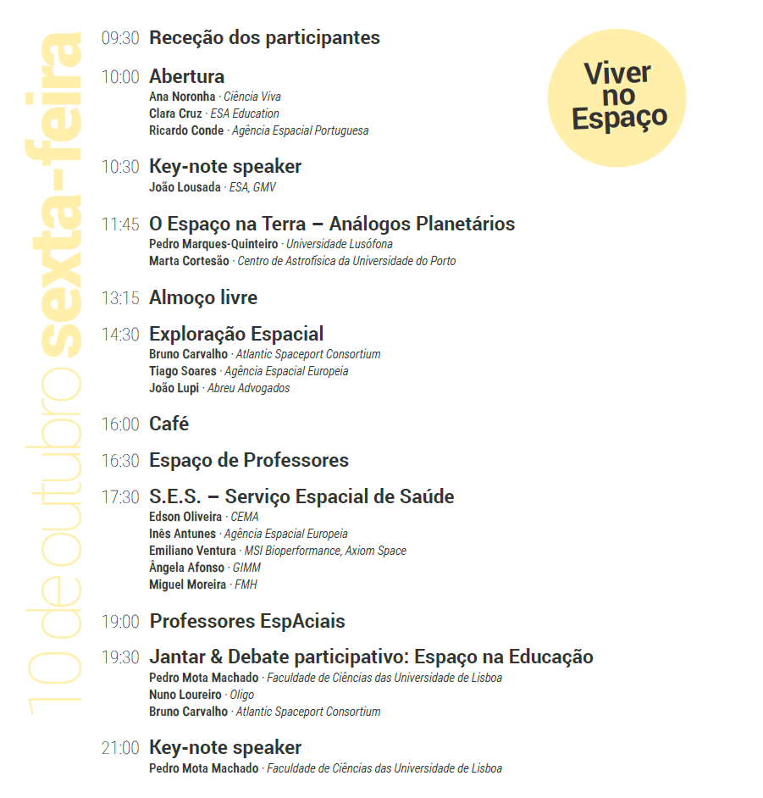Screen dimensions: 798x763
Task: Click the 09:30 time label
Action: pyautogui.click(x=119, y=38)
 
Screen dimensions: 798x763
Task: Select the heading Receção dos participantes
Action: pyautogui.click(x=264, y=38)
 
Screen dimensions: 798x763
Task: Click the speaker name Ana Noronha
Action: pyautogui.click(x=182, y=97)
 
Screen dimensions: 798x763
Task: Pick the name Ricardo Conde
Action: pyautogui.click(x=186, y=130)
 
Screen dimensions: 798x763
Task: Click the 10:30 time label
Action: pyautogui.click(x=119, y=167)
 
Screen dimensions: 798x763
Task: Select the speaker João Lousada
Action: pyautogui.click(x=185, y=187)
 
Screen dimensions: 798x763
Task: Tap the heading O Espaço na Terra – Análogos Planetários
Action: pyautogui.click(x=332, y=224)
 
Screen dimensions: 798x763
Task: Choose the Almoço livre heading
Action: pyautogui.click(x=203, y=297)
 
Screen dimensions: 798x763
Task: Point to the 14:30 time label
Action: pyautogui.click(x=119, y=335)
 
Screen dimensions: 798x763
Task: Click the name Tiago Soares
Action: pyautogui.click(x=183, y=371)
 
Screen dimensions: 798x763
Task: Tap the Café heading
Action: pyautogui.click(x=169, y=424)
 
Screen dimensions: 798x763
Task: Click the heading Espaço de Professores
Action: pyautogui.click(x=249, y=461)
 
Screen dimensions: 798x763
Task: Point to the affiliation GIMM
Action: pyautogui.click(x=246, y=568)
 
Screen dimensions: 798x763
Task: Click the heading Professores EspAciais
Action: pyautogui.click(x=247, y=621)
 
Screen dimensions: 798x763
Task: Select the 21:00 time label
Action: pyautogui.click(x=119, y=748)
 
